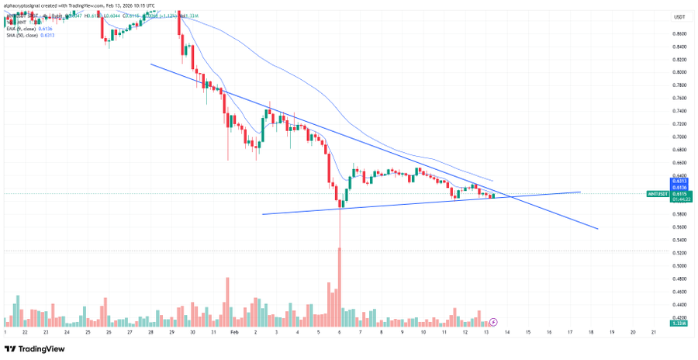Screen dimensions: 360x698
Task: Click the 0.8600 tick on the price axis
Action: pyautogui.click(x=679, y=33)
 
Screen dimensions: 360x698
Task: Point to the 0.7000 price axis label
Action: pyautogui.click(x=679, y=137)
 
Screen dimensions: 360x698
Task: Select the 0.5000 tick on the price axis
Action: pyautogui.click(x=679, y=265)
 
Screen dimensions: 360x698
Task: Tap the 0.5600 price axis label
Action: pyautogui.click(x=679, y=227)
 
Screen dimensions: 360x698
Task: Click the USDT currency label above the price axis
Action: pyautogui.click(x=679, y=17)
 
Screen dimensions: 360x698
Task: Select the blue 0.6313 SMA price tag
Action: pyautogui.click(x=679, y=182)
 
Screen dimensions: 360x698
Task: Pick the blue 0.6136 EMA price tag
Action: pyautogui.click(x=679, y=187)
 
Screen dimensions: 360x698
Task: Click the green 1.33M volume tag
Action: pyautogui.click(x=679, y=323)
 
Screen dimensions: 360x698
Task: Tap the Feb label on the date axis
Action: pyautogui.click(x=234, y=331)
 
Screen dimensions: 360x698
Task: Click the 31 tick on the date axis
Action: pyautogui.click(x=213, y=331)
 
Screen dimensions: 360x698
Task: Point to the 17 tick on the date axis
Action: pyautogui.click(x=570, y=331)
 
